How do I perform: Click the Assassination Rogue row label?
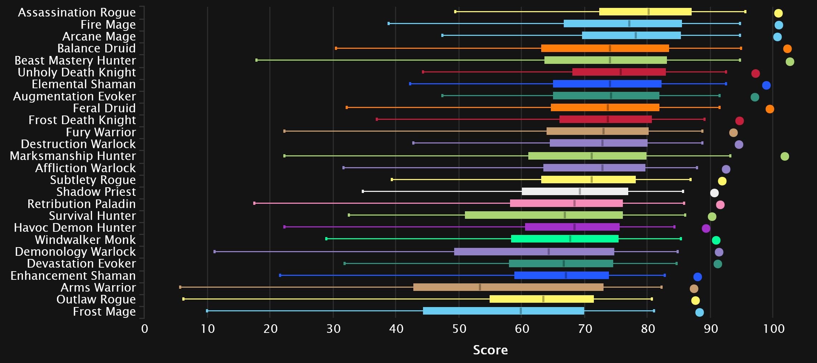click(77, 13)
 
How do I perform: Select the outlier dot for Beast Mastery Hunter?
click(790, 62)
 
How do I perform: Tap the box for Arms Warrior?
click(508, 287)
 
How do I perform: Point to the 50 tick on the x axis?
click(459, 329)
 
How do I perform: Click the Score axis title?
click(490, 350)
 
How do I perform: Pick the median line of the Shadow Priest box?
click(580, 192)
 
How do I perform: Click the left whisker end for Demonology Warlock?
click(215, 252)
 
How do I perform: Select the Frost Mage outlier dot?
click(700, 312)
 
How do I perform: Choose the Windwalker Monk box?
click(565, 239)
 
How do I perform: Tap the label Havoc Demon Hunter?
click(75, 228)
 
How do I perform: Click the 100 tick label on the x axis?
click(774, 329)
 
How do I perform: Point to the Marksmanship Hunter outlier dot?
click(785, 156)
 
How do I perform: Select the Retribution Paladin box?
click(566, 203)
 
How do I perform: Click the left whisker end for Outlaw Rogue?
click(183, 299)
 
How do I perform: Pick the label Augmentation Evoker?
click(75, 96)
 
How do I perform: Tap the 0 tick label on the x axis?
click(145, 329)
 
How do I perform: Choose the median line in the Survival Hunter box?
click(565, 215)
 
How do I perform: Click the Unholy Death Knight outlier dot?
click(755, 74)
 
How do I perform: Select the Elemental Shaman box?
click(607, 84)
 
